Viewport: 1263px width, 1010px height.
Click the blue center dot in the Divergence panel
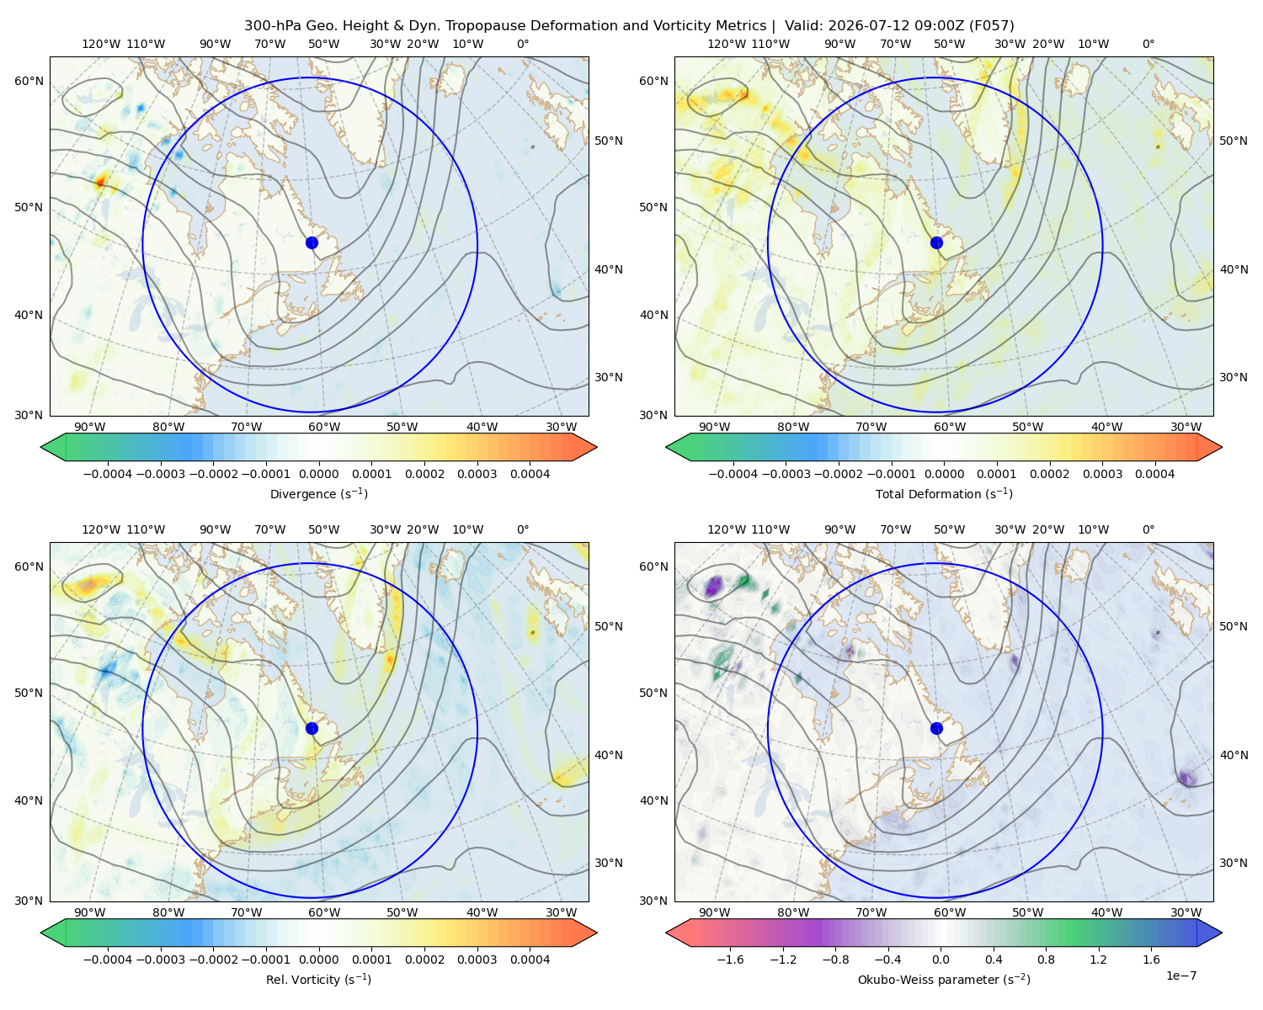tap(312, 242)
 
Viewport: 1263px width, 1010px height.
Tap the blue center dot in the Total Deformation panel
tap(936, 242)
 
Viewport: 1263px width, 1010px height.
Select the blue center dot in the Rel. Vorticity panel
tap(312, 728)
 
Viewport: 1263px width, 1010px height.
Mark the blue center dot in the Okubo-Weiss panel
tap(936, 728)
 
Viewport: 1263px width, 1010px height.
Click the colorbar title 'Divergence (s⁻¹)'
tap(318, 493)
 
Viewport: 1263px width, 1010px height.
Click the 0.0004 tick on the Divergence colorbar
tap(530, 474)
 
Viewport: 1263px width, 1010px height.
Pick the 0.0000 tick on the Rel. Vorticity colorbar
tap(318, 959)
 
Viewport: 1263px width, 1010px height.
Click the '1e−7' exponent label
tap(1180, 975)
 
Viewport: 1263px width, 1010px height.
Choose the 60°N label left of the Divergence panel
tap(29, 81)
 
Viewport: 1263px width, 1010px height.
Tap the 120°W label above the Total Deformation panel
tap(726, 44)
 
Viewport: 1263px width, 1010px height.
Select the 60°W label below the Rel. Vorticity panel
tap(324, 912)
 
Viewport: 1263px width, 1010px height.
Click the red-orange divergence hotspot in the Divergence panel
tap(100, 181)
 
